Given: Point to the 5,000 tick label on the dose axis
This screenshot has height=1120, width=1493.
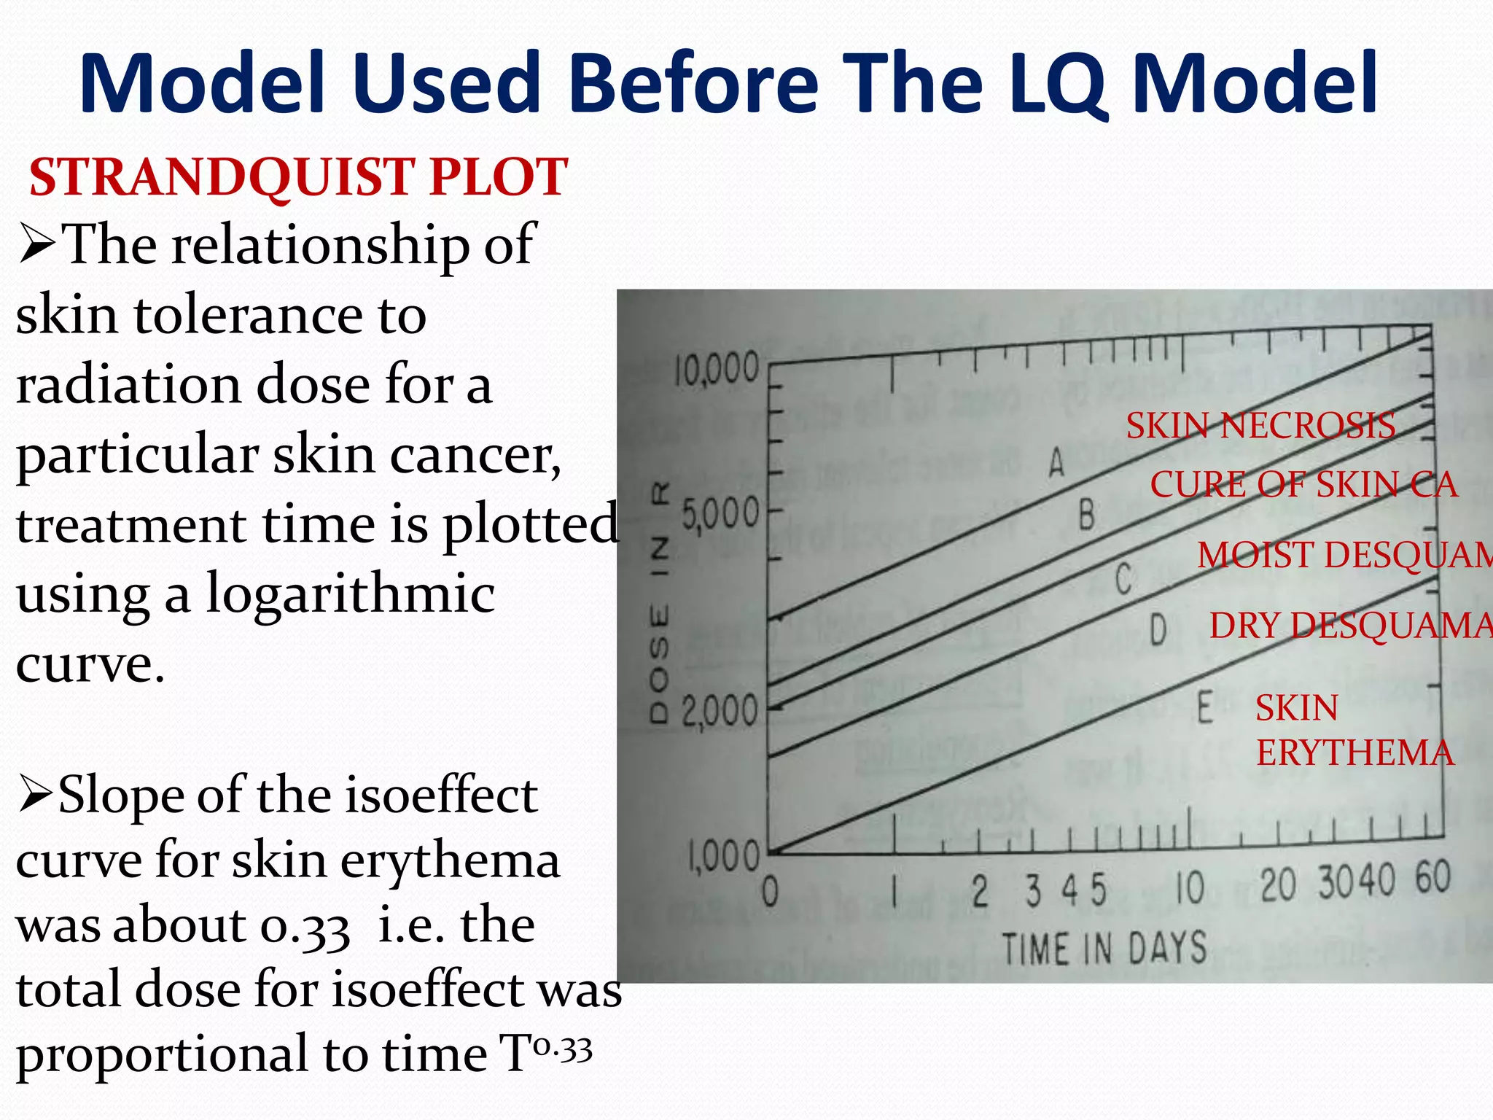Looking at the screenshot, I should click(719, 516).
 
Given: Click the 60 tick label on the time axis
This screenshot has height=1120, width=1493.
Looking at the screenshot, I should click(1433, 877).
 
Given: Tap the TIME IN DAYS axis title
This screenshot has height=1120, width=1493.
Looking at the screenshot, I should click(1104, 949).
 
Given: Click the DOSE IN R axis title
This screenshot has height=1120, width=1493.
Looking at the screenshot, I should click(659, 604).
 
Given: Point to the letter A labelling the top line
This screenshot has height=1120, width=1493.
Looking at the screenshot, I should click(1056, 462).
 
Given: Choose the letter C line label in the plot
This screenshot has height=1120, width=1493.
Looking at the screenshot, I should click(1123, 580).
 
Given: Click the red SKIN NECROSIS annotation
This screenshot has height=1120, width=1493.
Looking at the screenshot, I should click(1260, 425).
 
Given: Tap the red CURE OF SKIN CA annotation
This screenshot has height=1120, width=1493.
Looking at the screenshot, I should click(1303, 484).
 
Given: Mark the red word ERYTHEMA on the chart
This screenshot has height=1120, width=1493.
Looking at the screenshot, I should click(1354, 752).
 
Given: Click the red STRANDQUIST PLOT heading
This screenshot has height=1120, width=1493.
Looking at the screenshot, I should click(298, 177).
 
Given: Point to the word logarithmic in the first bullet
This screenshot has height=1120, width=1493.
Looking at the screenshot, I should click(350, 593).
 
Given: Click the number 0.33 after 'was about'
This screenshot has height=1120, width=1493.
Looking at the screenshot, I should click(305, 927).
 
